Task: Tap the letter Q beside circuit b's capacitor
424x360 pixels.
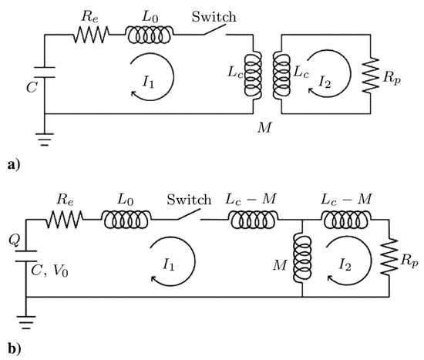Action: (x=12, y=240)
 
